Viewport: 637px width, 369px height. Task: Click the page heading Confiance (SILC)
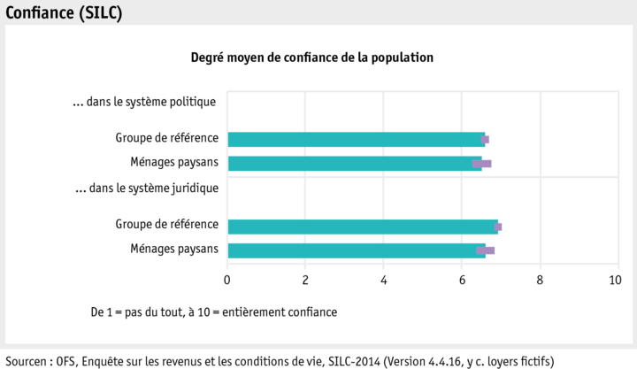[64, 12]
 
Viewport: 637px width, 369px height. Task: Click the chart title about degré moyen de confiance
[312, 58]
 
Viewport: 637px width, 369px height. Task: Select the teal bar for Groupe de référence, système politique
[354, 139]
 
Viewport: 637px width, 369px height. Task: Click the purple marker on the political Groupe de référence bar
[485, 139]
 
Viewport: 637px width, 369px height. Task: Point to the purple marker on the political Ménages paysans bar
[482, 164]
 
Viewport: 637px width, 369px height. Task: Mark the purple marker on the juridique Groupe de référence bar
[498, 227]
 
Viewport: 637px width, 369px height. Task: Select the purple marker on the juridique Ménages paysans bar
[486, 250]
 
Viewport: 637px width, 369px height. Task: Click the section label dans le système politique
[145, 102]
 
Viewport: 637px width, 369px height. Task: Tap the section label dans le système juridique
[147, 188]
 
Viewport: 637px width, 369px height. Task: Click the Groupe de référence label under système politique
[166, 138]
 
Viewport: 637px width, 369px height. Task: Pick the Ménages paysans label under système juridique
[173, 249]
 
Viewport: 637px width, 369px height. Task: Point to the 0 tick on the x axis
[227, 280]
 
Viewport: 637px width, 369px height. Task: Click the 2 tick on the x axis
[305, 280]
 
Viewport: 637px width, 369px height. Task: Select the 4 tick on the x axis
[384, 280]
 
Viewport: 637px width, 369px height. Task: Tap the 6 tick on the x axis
[462, 280]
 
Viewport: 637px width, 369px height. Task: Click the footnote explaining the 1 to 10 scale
[213, 312]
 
